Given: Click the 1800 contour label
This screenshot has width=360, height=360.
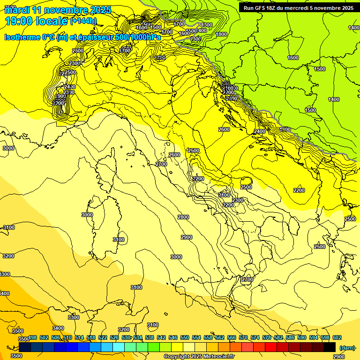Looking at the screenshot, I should click(x=222, y=34).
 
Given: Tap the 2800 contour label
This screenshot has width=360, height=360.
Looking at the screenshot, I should click(x=183, y=217).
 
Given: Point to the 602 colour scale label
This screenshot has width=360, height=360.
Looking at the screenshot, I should click(x=337, y=337).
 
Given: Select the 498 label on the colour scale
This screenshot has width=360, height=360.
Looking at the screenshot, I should click(x=32, y=337).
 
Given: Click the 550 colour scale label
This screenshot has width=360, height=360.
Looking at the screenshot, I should click(x=185, y=337).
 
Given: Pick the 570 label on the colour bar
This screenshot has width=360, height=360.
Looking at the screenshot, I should click(x=243, y=337).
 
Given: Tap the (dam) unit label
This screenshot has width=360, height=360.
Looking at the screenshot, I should click(x=346, y=347).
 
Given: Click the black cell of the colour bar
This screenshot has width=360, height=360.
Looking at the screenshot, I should click(x=330, y=347).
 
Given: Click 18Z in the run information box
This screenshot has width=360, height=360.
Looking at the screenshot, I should click(x=271, y=8).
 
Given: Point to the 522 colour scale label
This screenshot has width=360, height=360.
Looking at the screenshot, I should click(x=103, y=337).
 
